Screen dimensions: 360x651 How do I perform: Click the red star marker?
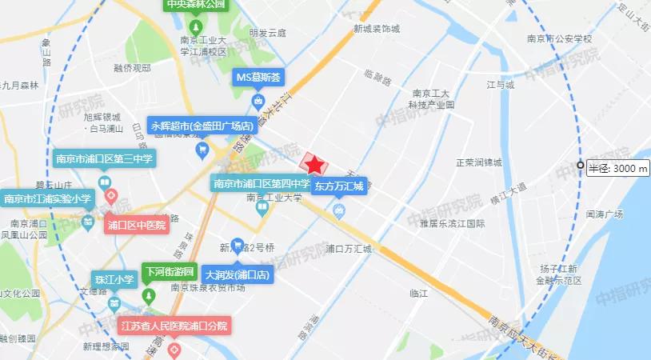point(316,164)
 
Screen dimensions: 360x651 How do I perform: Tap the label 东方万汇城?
point(339,186)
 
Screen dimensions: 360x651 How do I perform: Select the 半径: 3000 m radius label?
point(617,168)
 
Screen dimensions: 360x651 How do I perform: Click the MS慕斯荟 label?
point(258,78)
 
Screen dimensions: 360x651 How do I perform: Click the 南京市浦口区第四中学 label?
point(262,183)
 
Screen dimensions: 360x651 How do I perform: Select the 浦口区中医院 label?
point(136,225)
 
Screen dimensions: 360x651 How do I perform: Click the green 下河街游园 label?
point(168,272)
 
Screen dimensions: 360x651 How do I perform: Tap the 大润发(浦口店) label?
point(238,274)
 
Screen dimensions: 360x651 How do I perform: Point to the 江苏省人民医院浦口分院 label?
point(174,326)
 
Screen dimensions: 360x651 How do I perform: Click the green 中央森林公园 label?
point(196,5)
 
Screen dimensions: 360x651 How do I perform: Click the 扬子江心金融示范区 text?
point(559,274)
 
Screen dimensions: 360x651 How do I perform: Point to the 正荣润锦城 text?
point(478,162)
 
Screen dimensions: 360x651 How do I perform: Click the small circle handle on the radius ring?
point(581,166)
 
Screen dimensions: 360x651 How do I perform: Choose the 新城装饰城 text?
point(377,28)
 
